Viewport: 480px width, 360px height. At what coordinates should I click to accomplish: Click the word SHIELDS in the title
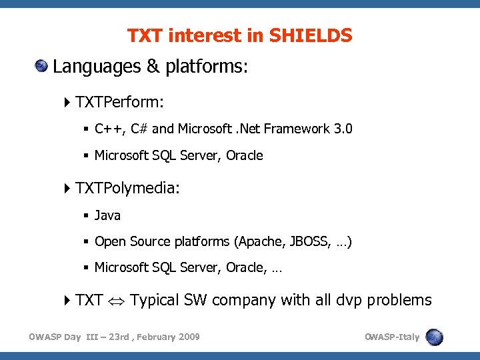(x=311, y=36)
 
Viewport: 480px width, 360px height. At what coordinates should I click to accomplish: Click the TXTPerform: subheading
(x=120, y=102)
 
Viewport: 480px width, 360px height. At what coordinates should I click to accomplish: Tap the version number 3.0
(x=343, y=129)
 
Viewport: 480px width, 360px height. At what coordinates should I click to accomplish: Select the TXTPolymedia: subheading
(x=127, y=189)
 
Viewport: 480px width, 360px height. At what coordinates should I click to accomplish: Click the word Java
(x=107, y=215)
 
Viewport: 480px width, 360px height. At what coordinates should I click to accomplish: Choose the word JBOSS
(x=309, y=241)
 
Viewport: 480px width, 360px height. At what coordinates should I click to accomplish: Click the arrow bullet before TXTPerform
(x=68, y=102)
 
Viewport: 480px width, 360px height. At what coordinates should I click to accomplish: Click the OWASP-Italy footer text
(x=392, y=337)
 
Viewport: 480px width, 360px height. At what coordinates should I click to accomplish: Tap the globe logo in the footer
(x=435, y=337)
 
